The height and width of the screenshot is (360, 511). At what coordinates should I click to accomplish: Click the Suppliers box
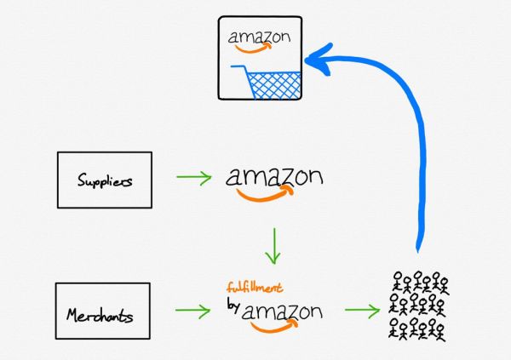[104, 180]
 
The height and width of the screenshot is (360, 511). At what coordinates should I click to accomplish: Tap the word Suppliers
[104, 180]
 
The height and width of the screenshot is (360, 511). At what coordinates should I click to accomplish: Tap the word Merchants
[101, 316]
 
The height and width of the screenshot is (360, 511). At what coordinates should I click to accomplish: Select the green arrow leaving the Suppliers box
[194, 178]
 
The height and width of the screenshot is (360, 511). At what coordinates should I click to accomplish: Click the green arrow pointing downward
[272, 246]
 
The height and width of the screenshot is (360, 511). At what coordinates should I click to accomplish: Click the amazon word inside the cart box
[259, 38]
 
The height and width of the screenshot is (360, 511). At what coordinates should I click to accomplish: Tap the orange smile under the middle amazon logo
[264, 195]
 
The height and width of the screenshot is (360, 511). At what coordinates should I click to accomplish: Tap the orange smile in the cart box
[255, 50]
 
